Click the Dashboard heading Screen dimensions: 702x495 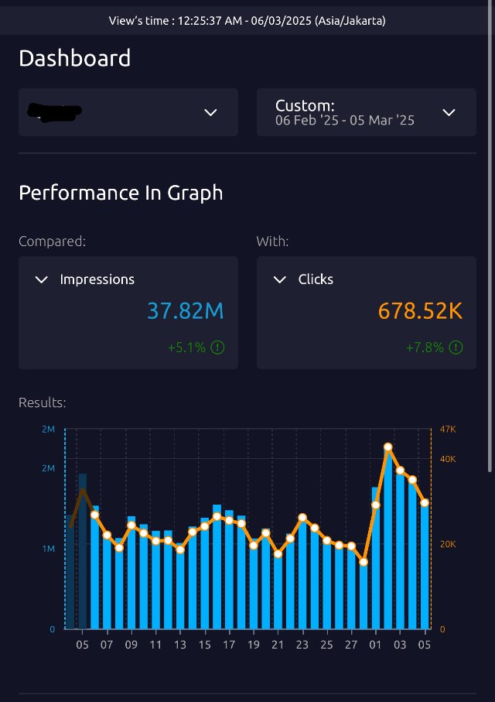click(x=74, y=58)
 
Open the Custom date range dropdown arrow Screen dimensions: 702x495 click(x=449, y=112)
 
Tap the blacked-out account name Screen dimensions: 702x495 click(x=55, y=112)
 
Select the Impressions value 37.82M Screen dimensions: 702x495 click(x=185, y=311)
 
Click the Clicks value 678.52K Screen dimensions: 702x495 click(x=420, y=311)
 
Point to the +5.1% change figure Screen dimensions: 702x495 click(x=186, y=348)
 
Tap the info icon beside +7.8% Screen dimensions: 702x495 click(x=456, y=348)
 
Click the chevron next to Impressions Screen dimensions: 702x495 click(x=42, y=279)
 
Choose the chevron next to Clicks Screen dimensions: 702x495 click(x=280, y=279)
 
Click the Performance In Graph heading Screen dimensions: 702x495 click(x=121, y=193)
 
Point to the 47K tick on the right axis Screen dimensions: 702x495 click(x=448, y=429)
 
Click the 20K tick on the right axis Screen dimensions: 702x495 click(x=448, y=544)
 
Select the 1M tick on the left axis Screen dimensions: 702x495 click(x=49, y=549)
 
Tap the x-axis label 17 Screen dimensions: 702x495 click(x=229, y=645)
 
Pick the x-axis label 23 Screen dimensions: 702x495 click(x=302, y=645)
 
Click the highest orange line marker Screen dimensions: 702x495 click(x=388, y=447)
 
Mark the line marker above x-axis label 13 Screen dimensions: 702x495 click(x=180, y=550)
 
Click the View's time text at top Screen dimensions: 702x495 click(x=247, y=21)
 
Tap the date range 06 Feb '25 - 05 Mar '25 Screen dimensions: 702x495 click(x=345, y=121)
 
